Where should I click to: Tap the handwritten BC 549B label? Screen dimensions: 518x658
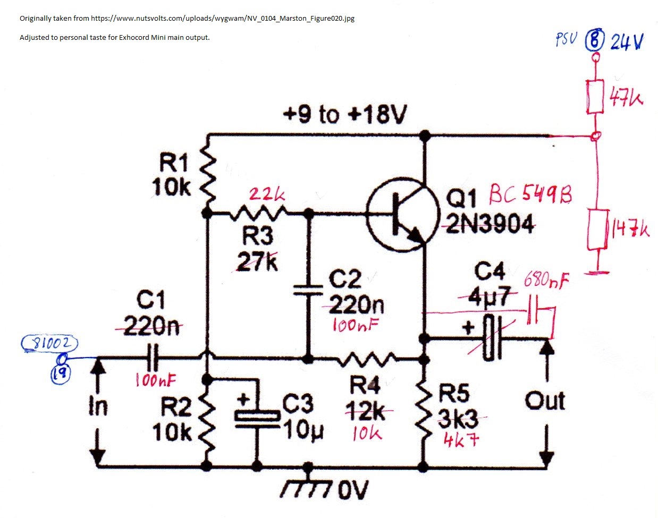click(530, 196)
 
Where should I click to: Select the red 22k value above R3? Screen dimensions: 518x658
click(267, 194)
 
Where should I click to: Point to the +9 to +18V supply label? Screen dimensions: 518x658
click(346, 114)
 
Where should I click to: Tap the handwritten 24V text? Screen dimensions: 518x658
click(627, 41)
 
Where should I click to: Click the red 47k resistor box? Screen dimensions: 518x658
click(595, 96)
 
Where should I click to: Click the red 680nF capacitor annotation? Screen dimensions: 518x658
click(546, 279)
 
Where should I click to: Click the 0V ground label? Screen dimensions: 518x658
click(352, 490)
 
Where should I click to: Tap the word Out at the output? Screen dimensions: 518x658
click(544, 401)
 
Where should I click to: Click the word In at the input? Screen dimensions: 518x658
click(98, 406)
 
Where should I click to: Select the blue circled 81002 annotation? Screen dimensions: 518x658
click(49, 344)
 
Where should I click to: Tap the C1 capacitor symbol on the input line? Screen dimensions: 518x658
click(153, 358)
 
